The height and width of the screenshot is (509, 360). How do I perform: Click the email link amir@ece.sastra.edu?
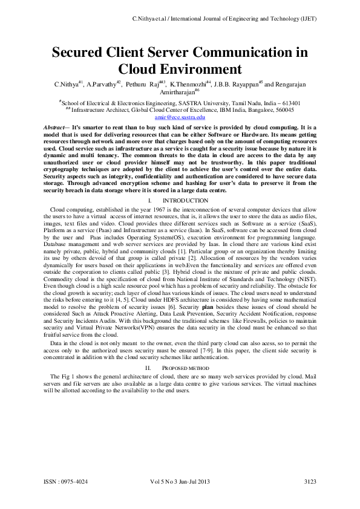(x=180, y=117)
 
